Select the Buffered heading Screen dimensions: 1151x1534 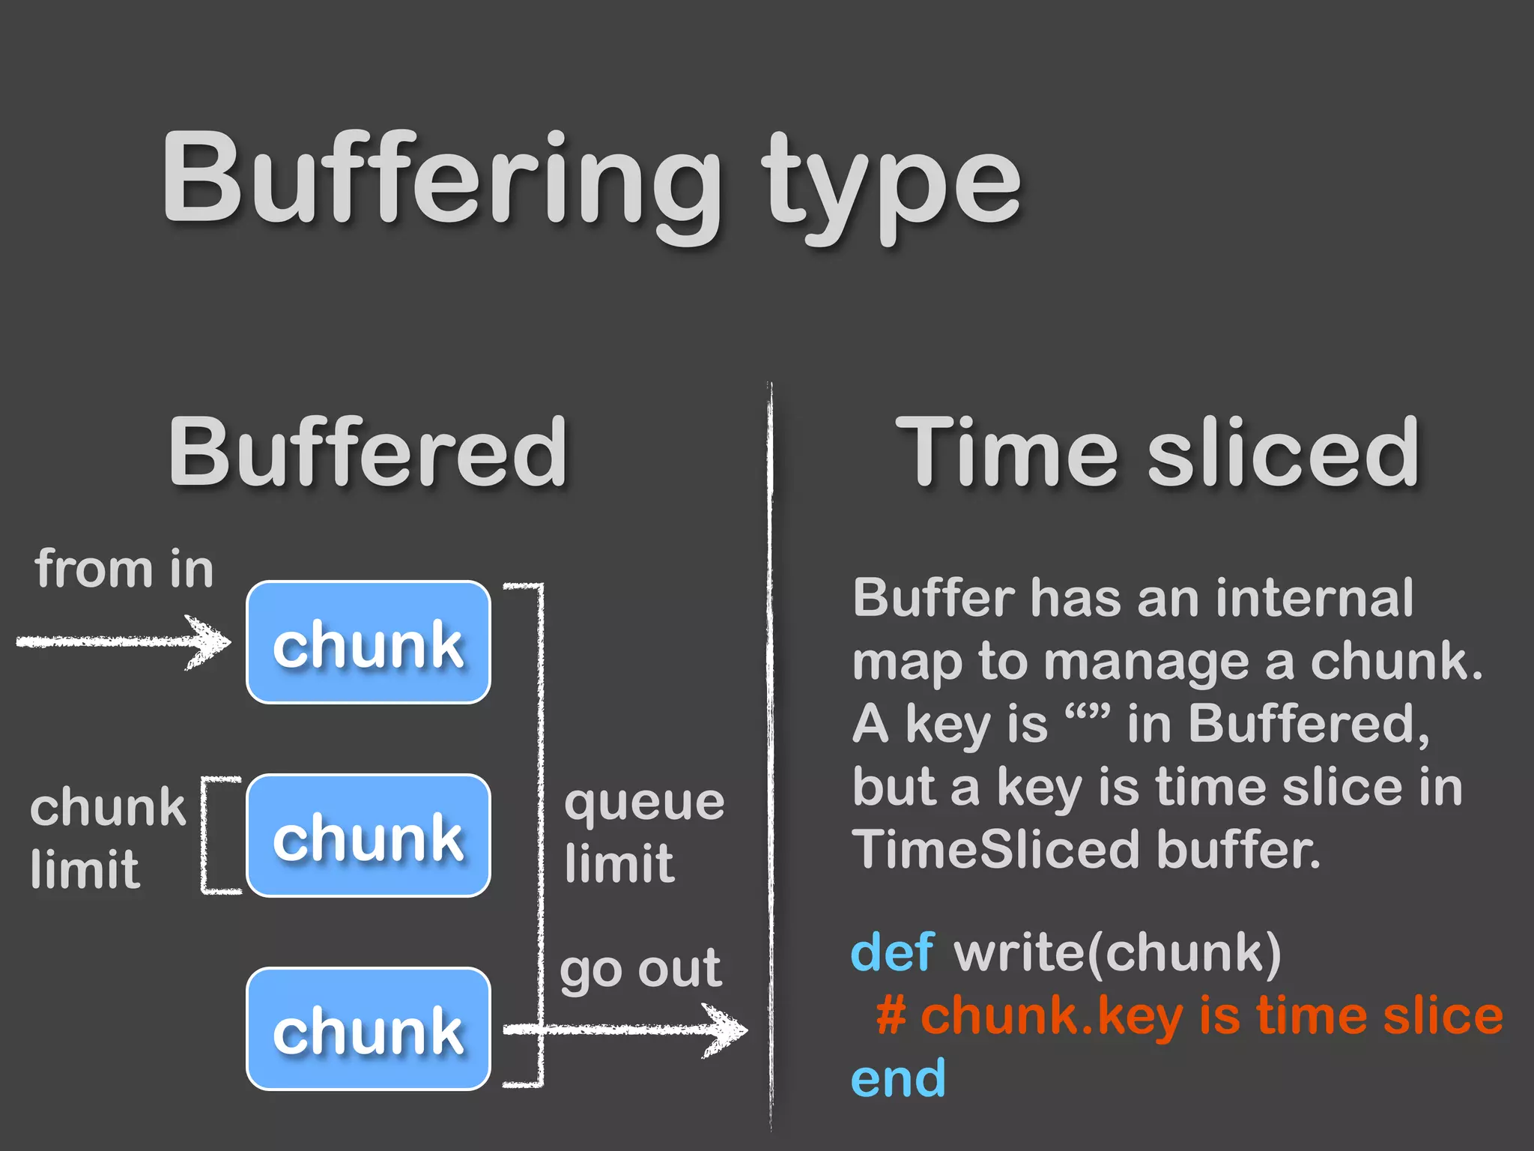pos(367,453)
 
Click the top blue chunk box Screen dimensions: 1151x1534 pos(369,643)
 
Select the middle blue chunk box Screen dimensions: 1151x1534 pos(369,836)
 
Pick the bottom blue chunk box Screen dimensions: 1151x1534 pos(369,1029)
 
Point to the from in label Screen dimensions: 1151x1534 pos(124,570)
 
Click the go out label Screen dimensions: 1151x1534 pos(641,970)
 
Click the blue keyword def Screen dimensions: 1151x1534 pos(892,953)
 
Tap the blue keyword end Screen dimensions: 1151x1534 pos(898,1079)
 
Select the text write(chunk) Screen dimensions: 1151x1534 pos(1117,953)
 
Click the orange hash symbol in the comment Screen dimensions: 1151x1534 pos(891,1017)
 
